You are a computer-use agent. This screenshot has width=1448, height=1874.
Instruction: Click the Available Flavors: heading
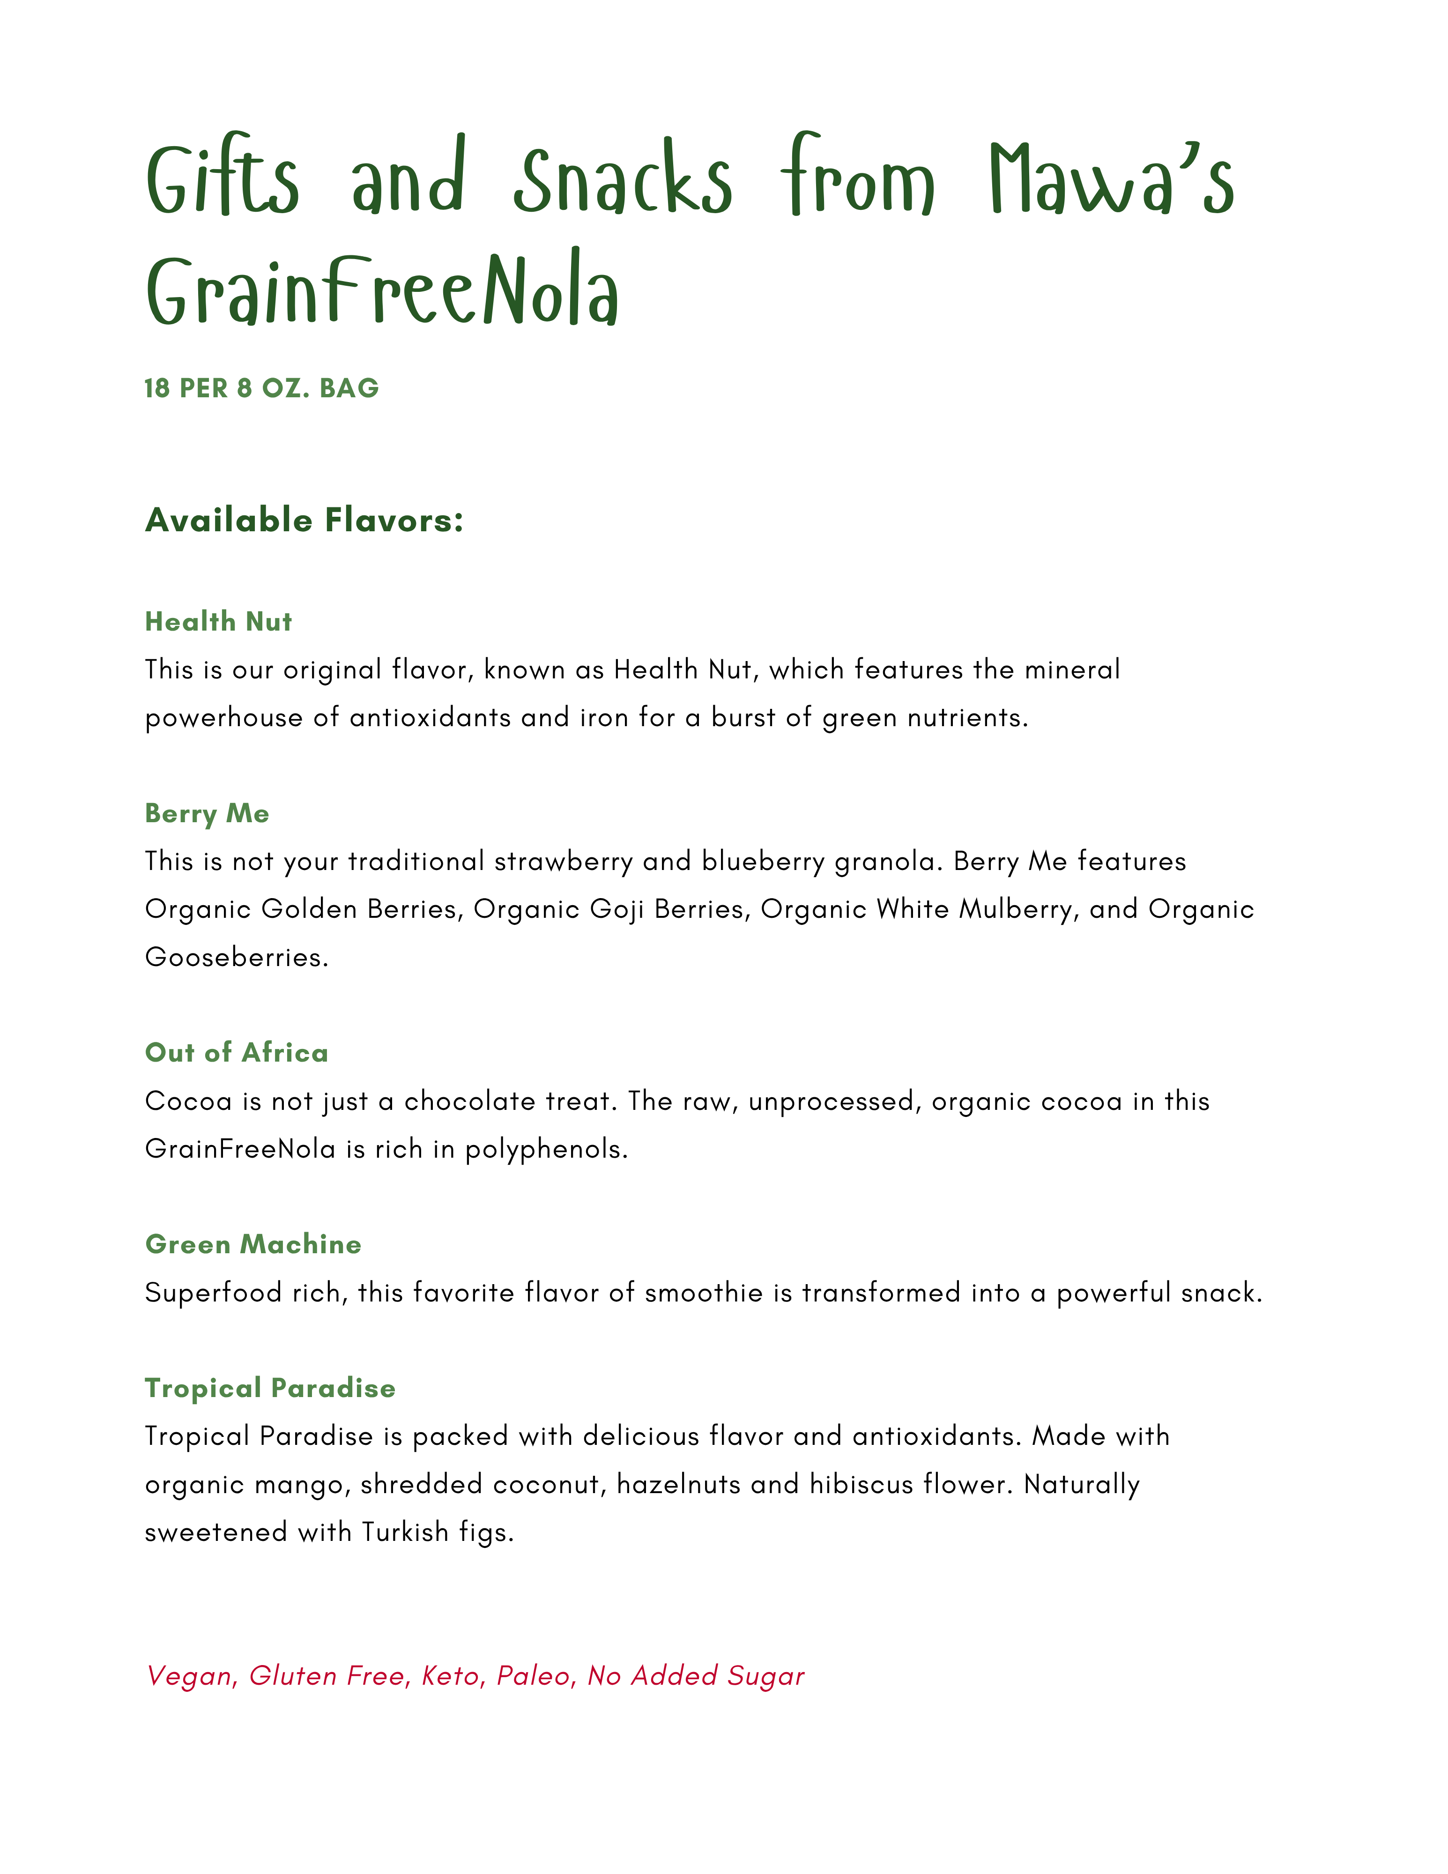click(304, 520)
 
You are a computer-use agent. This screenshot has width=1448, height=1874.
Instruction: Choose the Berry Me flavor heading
click(207, 813)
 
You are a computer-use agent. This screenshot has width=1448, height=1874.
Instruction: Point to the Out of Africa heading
click(237, 1053)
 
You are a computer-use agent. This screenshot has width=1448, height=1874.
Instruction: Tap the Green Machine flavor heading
click(253, 1244)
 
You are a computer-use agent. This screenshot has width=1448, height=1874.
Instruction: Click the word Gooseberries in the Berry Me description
click(236, 957)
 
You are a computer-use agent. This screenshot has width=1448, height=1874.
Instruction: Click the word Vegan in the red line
click(189, 1677)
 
